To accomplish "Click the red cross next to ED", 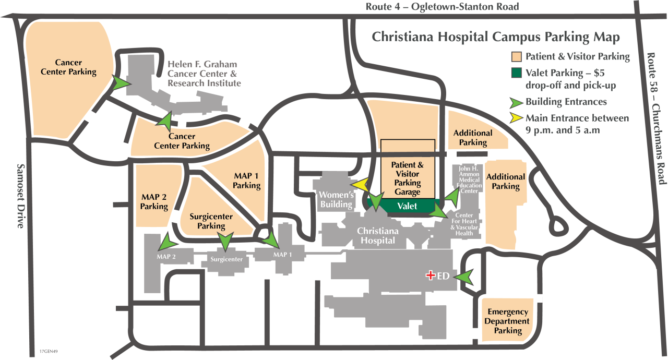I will [x=431, y=275].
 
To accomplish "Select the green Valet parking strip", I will [x=407, y=206].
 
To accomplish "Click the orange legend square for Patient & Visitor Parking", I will [x=516, y=57].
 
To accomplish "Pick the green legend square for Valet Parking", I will [x=516, y=73].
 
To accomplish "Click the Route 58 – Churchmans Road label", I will [x=655, y=118].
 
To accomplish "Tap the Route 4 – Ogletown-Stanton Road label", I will [x=442, y=7].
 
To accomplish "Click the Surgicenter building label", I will [x=226, y=258].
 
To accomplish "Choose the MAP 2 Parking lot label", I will [x=154, y=202].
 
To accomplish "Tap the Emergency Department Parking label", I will [x=508, y=321].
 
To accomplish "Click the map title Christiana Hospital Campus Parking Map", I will [x=495, y=38].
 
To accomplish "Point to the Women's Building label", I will [x=337, y=199].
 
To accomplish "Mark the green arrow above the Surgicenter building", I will [x=225, y=241].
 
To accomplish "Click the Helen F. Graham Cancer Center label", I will [x=203, y=74].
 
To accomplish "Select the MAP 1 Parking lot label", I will [x=246, y=181].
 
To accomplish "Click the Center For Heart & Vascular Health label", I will [x=464, y=224].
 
